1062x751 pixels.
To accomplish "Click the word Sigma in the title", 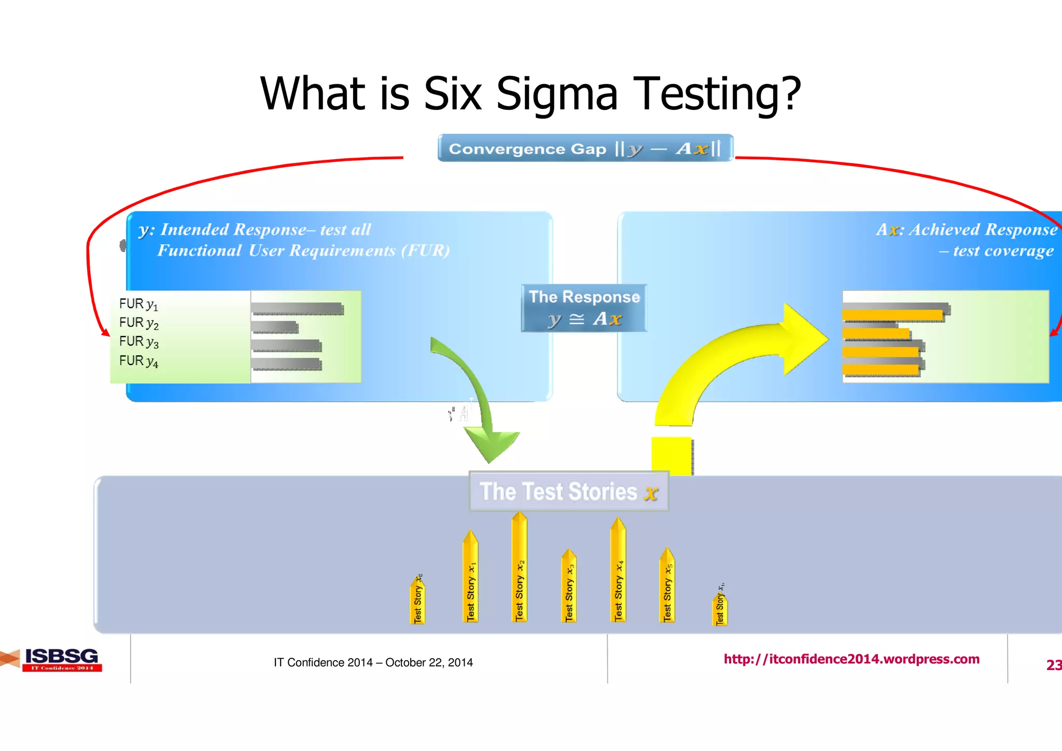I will (557, 94).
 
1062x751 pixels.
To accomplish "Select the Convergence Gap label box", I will (585, 148).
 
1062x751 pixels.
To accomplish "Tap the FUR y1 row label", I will (138, 304).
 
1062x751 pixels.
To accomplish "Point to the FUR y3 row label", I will (138, 342).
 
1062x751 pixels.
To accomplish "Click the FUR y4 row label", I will (138, 361).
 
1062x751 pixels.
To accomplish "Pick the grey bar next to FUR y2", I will (274, 327).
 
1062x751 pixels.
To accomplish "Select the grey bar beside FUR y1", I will (297, 309).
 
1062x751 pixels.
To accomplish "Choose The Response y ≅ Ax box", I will (584, 308).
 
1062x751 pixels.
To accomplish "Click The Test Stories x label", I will (568, 492).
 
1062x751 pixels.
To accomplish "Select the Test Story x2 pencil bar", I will (519, 568).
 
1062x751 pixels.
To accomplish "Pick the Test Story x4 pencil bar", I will (618, 571).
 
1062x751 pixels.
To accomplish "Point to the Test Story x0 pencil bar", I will (418, 600).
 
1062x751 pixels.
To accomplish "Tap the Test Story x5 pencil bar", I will (667, 586).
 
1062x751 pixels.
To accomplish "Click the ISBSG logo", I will (61, 659).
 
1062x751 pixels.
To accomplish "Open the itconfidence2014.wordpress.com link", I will (851, 659).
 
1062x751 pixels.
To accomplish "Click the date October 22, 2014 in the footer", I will (429, 662).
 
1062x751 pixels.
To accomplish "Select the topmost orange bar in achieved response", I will (892, 315).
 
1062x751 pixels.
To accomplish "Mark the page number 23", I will (1053, 665).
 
